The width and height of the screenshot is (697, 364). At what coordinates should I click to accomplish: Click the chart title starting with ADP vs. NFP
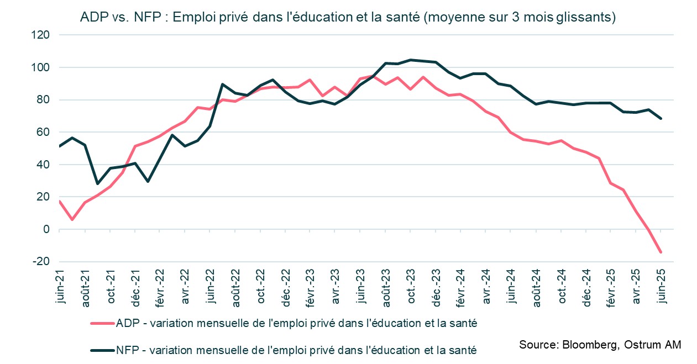pos(348,17)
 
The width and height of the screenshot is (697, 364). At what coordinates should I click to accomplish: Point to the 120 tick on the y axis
pos(42,35)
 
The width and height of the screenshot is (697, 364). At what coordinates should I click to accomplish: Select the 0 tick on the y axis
pos(47,229)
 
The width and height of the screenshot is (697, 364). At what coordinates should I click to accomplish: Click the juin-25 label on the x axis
pos(660,286)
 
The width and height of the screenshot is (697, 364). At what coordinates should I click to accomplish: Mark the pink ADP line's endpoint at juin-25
pos(660,252)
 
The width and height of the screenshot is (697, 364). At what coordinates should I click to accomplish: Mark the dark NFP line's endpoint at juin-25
pos(660,118)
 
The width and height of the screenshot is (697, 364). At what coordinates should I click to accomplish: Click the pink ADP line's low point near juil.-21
pos(72,220)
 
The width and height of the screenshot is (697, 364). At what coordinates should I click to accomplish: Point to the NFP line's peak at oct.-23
pos(410,60)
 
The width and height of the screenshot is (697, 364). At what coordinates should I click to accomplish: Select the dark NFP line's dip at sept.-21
pos(97,183)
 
